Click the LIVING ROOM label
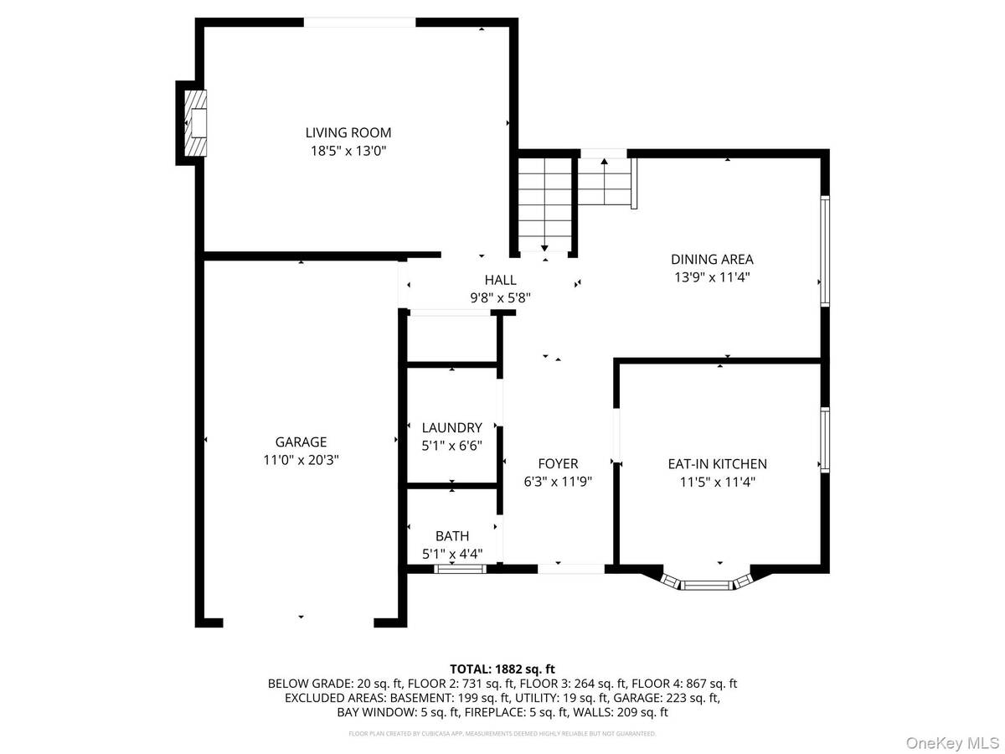tap(348, 132)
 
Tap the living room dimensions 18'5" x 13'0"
tap(348, 151)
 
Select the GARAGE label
tap(301, 442)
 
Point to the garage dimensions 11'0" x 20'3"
tap(301, 460)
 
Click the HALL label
tap(500, 280)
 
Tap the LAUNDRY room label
tap(451, 426)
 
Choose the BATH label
tap(451, 536)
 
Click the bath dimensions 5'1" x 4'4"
tap(451, 554)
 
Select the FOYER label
tap(558, 463)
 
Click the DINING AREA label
tap(712, 259)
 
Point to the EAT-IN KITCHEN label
tap(717, 463)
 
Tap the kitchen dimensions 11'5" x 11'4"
tap(717, 482)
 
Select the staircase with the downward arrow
tap(544, 205)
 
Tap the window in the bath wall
tap(460, 569)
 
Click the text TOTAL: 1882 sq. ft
tap(502, 669)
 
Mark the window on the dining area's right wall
tap(825, 250)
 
